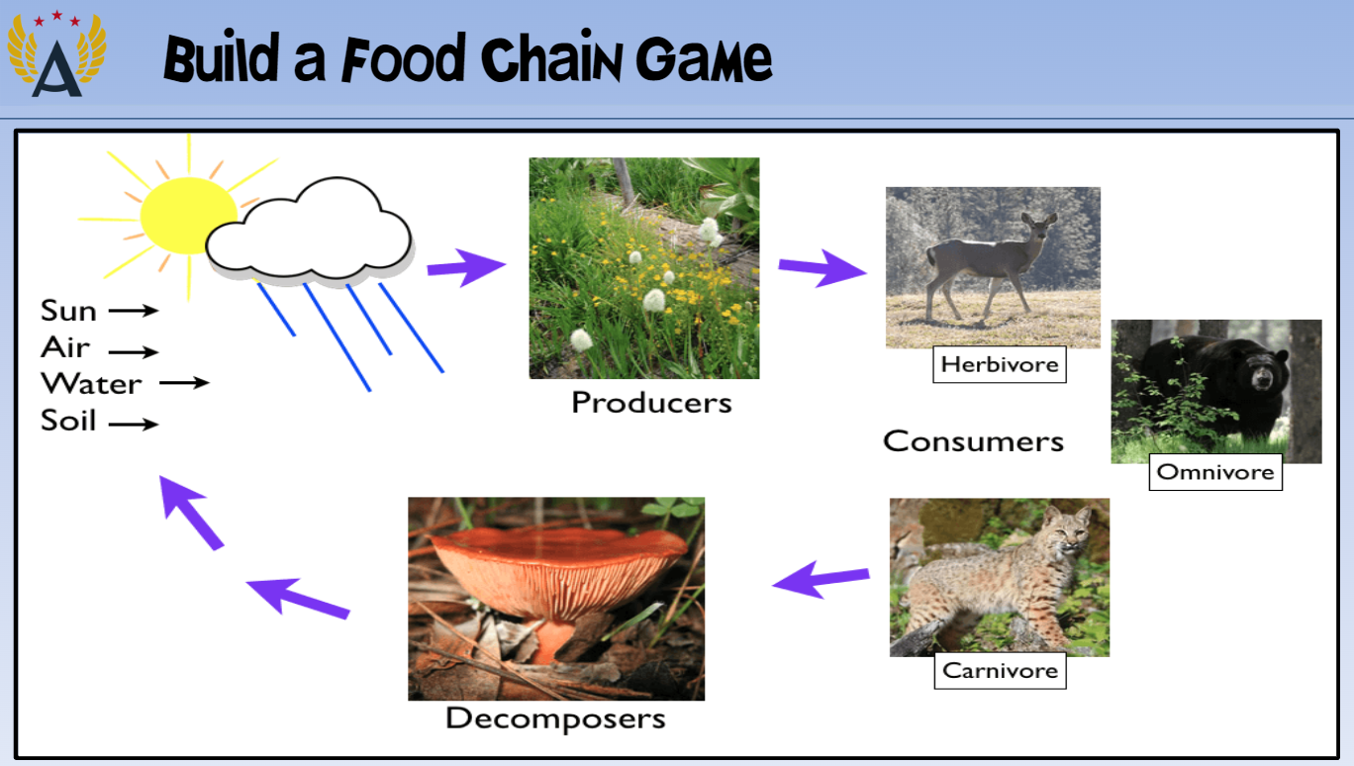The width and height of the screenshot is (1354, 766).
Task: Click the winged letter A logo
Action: pyautogui.click(x=56, y=53)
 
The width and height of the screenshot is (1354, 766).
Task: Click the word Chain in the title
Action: pyautogui.click(x=550, y=58)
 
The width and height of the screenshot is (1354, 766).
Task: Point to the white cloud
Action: pyautogui.click(x=309, y=229)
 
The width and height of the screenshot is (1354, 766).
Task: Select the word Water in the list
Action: pyautogui.click(x=91, y=384)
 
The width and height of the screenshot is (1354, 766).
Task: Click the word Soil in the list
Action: pyautogui.click(x=68, y=421)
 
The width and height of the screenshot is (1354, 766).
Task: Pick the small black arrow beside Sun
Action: pyautogui.click(x=134, y=311)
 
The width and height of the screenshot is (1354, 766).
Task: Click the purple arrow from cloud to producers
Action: pyautogui.click(x=466, y=267)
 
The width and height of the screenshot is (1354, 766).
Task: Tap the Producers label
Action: pyautogui.click(x=651, y=403)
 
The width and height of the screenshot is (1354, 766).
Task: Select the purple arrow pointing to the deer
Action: pyautogui.click(x=822, y=268)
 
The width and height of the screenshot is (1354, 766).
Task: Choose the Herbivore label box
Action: pyautogui.click(x=1000, y=364)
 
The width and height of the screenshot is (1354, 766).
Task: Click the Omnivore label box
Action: pyautogui.click(x=1215, y=472)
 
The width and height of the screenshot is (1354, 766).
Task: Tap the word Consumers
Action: pyautogui.click(x=973, y=441)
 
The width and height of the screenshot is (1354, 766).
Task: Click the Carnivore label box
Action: pyautogui.click(x=1001, y=670)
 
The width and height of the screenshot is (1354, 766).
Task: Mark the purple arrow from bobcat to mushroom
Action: pyautogui.click(x=821, y=579)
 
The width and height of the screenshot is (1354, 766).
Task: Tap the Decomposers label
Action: pyautogui.click(x=555, y=718)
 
